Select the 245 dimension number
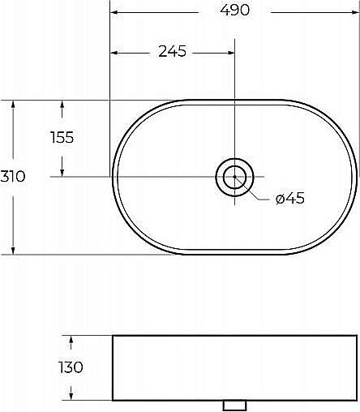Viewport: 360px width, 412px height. point(172,52)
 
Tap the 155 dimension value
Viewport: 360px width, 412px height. point(62,137)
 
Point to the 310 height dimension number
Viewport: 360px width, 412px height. point(13,177)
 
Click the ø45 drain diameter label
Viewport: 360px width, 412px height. point(289,199)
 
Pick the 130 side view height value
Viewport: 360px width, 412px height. point(71,367)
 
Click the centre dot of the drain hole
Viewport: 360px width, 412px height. point(234,176)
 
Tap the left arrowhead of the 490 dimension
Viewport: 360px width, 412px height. point(114,12)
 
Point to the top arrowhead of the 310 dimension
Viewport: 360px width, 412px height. point(13,105)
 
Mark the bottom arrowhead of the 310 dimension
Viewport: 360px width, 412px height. point(13,249)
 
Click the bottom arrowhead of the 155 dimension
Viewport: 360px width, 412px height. point(62,171)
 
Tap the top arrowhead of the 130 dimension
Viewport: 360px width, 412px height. point(72,340)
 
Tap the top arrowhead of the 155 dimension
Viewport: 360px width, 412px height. point(62,105)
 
